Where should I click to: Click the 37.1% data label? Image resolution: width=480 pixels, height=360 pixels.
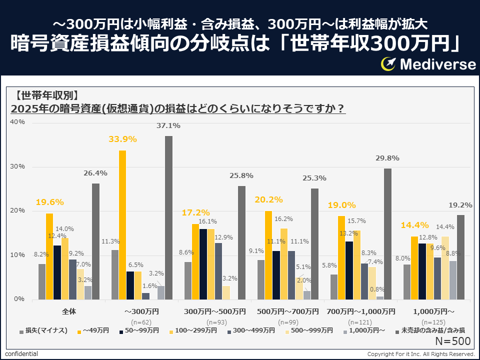point(169,126)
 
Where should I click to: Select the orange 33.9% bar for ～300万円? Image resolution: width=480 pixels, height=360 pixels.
point(122,224)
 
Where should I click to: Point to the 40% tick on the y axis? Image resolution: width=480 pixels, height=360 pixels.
point(18,122)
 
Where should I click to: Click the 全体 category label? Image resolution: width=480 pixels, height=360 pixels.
point(69,311)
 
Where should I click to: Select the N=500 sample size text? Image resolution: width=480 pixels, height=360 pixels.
point(452,341)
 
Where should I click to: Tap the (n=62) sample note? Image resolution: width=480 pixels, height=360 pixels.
point(141,322)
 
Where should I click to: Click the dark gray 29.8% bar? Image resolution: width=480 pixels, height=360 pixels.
point(387,234)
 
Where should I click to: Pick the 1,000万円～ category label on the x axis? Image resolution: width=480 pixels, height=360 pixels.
point(433,311)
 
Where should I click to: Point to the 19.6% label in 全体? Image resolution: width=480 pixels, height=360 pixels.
point(49,202)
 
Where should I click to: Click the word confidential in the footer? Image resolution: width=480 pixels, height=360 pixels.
point(21,354)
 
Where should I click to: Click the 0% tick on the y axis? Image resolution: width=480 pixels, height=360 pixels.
point(20,299)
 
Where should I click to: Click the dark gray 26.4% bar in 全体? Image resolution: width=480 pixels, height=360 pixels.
point(95,241)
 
